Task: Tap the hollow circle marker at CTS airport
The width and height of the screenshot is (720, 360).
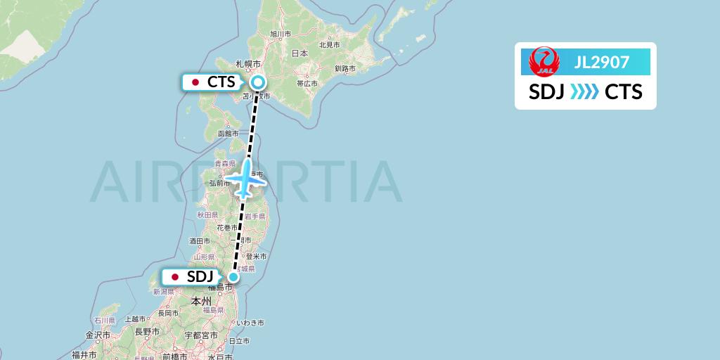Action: click(x=258, y=82)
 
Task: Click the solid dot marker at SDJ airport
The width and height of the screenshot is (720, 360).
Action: click(x=234, y=277)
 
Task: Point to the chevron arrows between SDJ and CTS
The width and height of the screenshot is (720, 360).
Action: click(x=584, y=92)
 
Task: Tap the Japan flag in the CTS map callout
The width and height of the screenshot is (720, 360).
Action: click(x=195, y=82)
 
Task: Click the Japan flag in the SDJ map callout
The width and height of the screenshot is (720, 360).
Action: click(x=175, y=277)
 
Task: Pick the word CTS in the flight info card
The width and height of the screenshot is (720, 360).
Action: click(x=623, y=92)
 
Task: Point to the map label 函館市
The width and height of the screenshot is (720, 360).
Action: click(x=228, y=133)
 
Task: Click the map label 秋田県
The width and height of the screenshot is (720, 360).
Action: click(x=205, y=214)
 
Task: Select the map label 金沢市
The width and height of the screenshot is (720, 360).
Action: click(x=97, y=335)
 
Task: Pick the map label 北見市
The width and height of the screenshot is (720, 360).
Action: click(x=329, y=44)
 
